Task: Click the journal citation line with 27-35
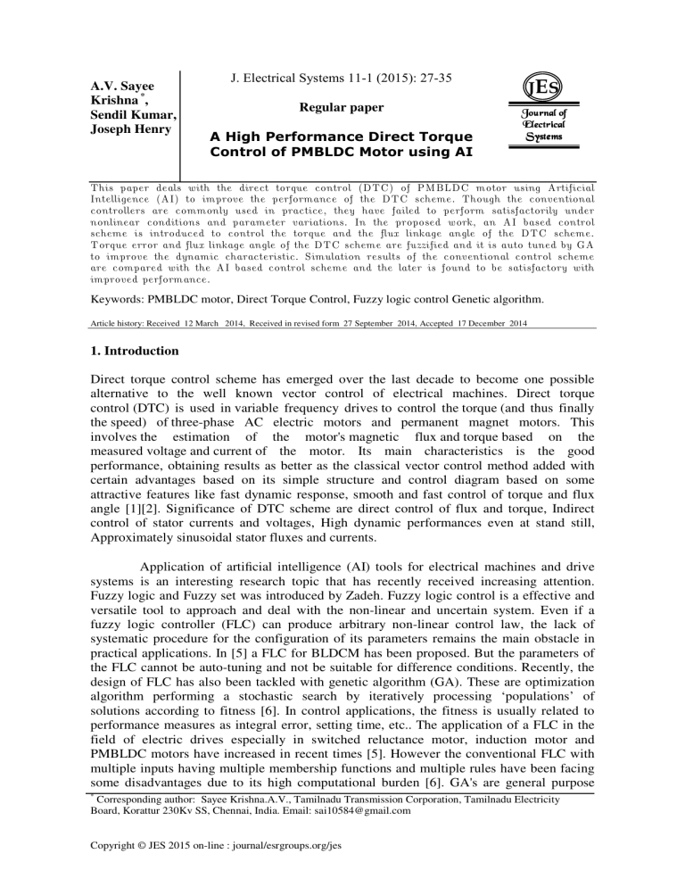coord(331,79)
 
